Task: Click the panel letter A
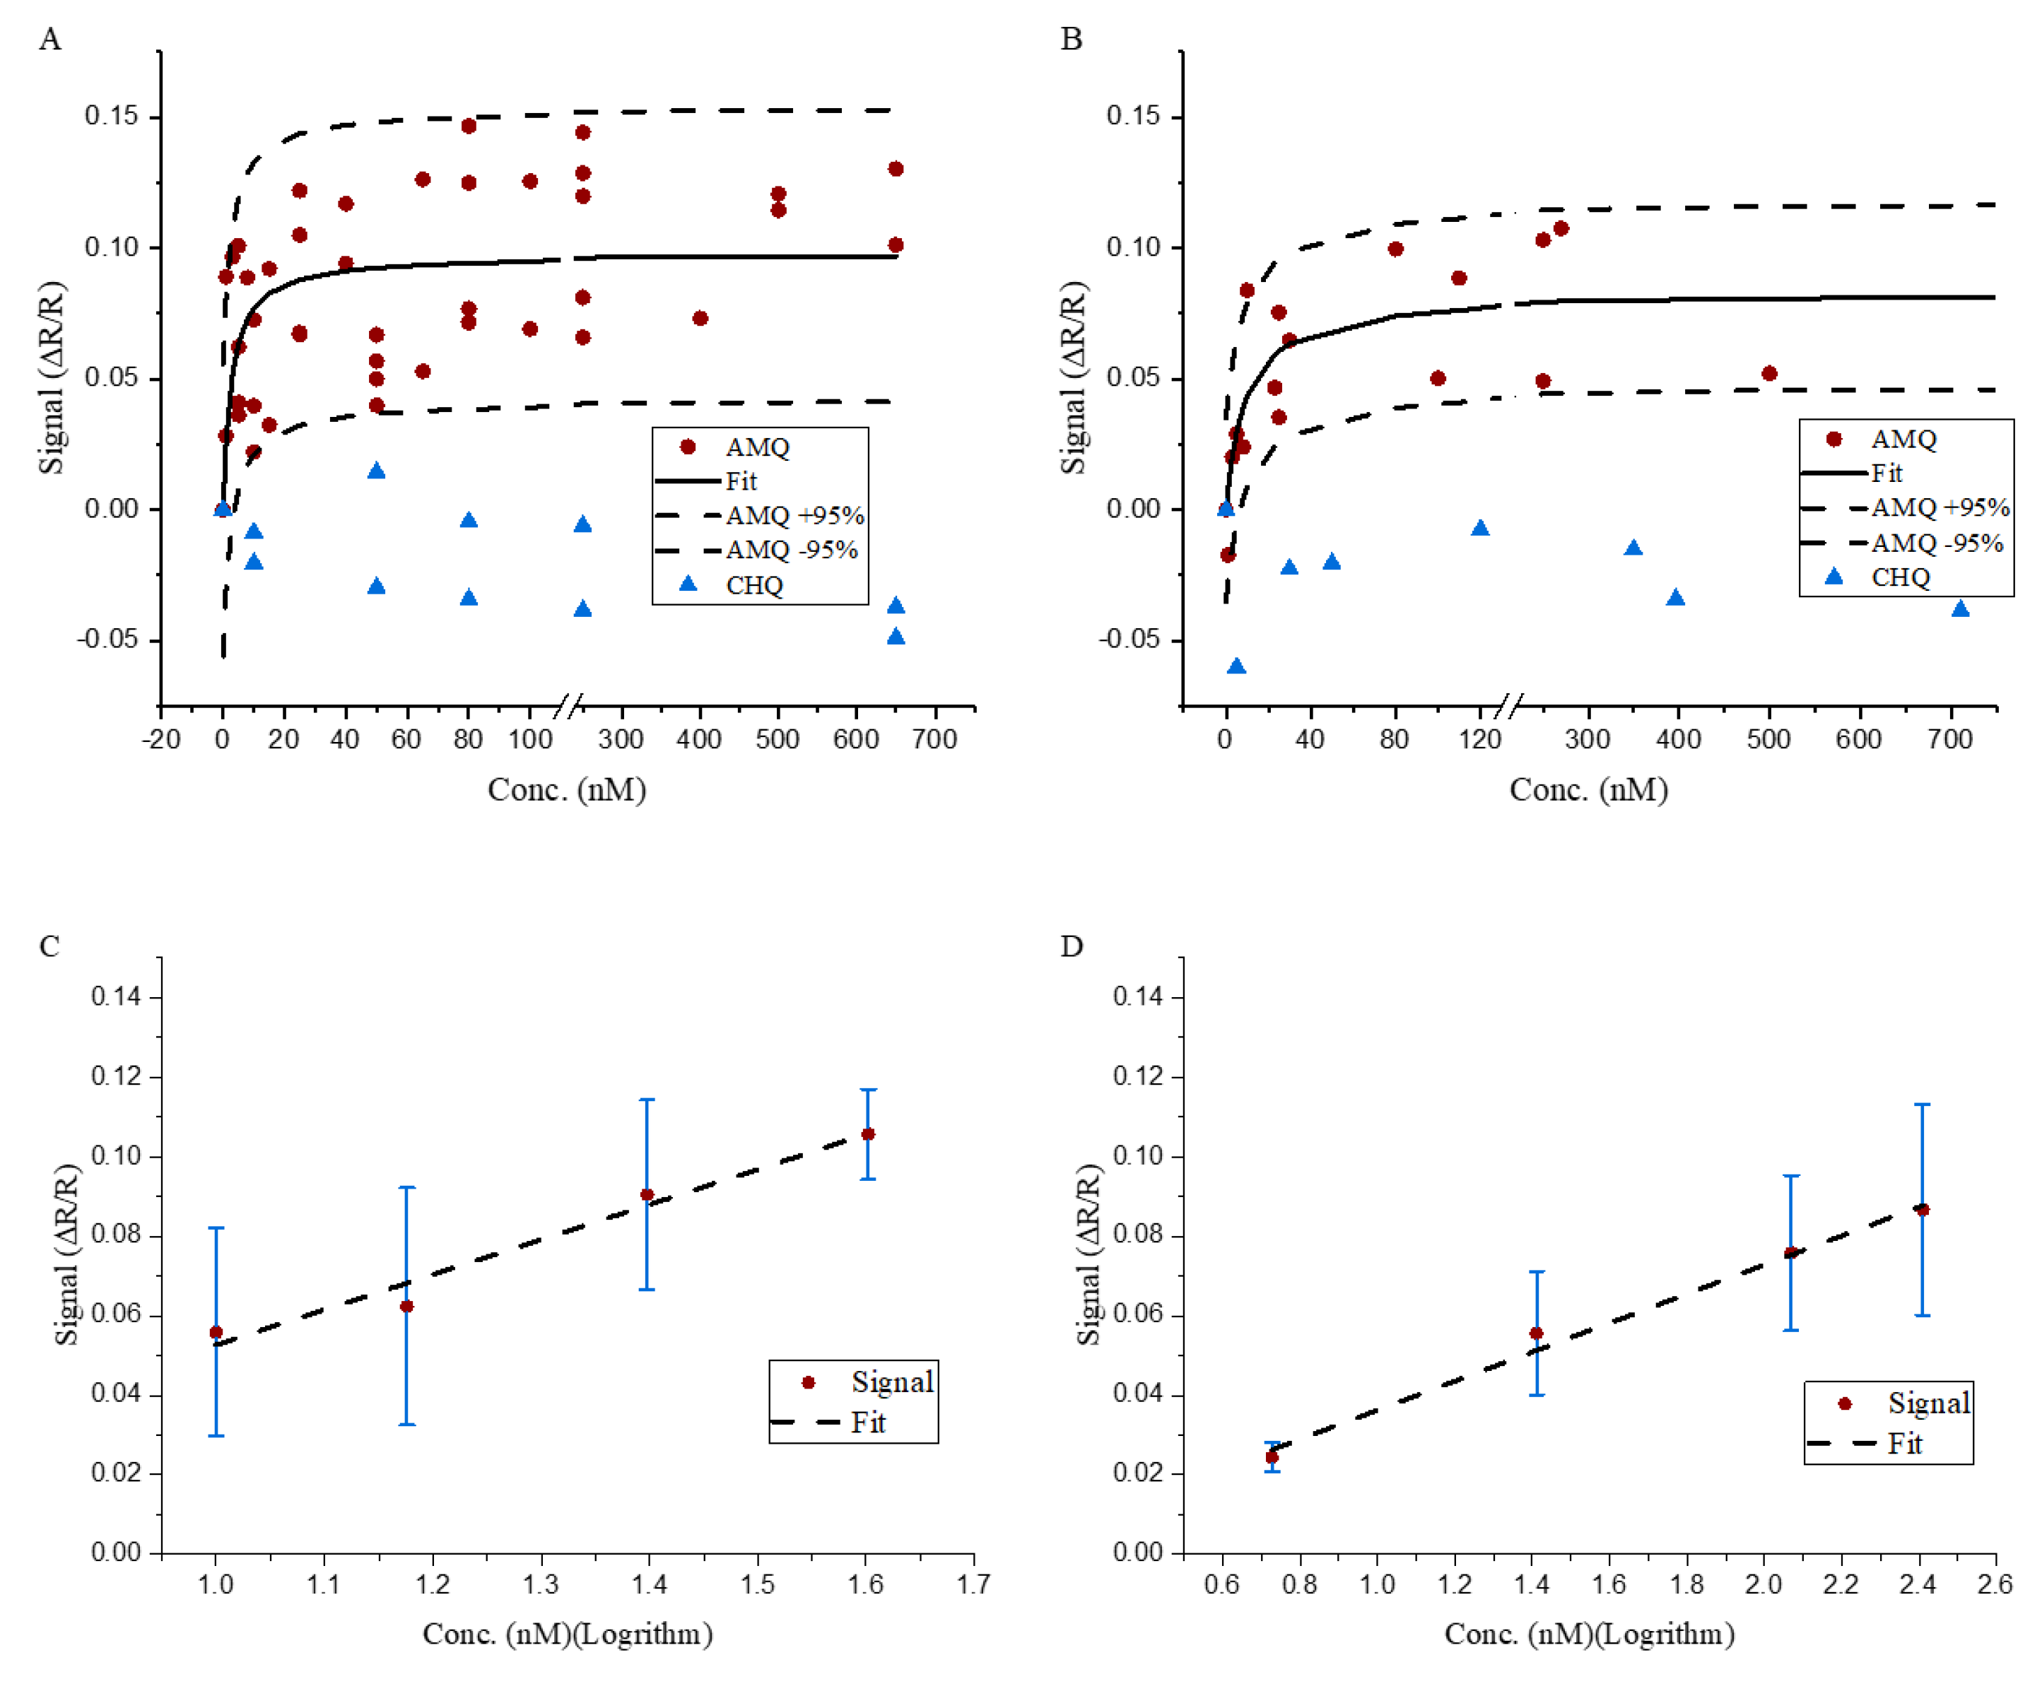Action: point(49,40)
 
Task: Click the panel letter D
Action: point(1071,946)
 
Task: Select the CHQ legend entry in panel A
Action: point(753,585)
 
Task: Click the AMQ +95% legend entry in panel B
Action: point(1938,507)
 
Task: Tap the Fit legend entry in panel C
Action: point(867,1423)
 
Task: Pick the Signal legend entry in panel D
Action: point(1927,1403)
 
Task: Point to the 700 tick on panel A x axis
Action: point(935,739)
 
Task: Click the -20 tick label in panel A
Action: point(161,739)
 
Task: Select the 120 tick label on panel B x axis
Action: point(1479,739)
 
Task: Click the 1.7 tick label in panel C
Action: point(973,1584)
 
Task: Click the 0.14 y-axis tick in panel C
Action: point(117,996)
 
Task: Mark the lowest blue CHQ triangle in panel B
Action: point(1236,666)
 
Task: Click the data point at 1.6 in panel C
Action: point(867,1134)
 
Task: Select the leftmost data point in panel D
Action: point(1272,1457)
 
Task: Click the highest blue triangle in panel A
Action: point(377,471)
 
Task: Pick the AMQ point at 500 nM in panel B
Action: point(1768,373)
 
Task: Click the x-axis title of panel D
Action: point(1588,1635)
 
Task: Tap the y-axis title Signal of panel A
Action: point(52,377)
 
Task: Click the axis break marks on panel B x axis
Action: point(1511,706)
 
